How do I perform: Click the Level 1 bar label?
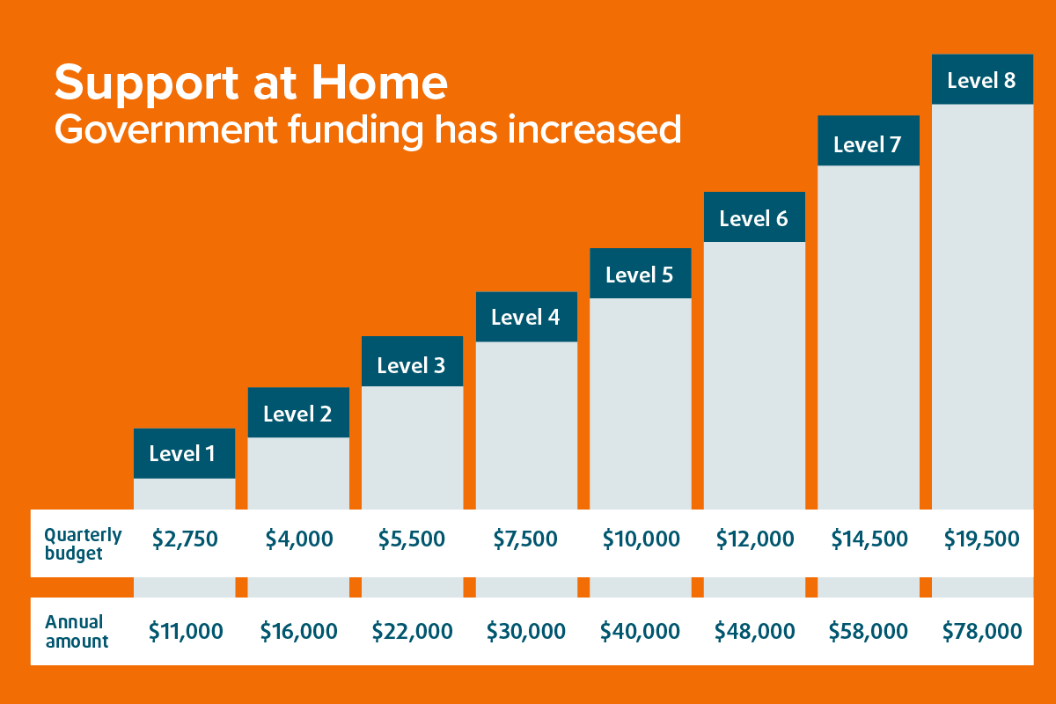point(182,453)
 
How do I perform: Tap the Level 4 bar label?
point(525,317)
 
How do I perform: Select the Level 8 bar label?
point(981,80)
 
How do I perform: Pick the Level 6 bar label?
point(753,218)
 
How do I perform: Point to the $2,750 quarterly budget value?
point(185,539)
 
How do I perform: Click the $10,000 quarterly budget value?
point(642,539)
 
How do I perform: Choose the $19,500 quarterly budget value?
point(981,539)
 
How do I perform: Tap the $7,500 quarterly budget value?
point(525,539)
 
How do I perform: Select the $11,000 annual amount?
point(186,631)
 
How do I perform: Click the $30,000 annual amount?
point(526,631)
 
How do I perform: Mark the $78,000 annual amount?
point(982,631)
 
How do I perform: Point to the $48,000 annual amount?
point(754,631)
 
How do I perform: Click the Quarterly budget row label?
point(83,544)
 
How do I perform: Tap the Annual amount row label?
point(77,631)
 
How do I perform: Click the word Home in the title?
point(379,83)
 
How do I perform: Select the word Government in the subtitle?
point(166,130)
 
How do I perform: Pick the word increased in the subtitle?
point(594,129)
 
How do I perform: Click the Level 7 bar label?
point(868,144)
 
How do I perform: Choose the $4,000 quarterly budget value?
point(299,539)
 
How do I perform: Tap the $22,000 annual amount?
point(412,631)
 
